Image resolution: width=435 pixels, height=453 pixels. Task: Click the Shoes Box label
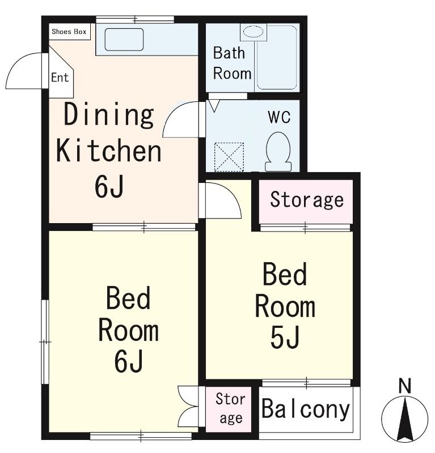[69, 32]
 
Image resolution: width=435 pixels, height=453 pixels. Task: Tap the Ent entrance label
[60, 78]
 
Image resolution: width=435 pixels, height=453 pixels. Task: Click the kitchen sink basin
[124, 39]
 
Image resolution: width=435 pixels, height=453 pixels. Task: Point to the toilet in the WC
[278, 152]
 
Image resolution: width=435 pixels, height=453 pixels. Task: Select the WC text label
[279, 117]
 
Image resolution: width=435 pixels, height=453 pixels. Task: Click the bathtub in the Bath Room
[277, 58]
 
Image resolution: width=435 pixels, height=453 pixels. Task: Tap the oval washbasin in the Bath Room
[253, 32]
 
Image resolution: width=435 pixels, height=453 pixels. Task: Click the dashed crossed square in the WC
[229, 157]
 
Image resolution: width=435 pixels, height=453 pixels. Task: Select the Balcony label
[306, 409]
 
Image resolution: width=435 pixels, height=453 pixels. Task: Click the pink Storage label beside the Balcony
[230, 408]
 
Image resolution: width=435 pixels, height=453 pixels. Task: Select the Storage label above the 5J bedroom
[307, 200]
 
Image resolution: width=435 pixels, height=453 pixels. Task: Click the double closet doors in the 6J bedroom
[188, 407]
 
